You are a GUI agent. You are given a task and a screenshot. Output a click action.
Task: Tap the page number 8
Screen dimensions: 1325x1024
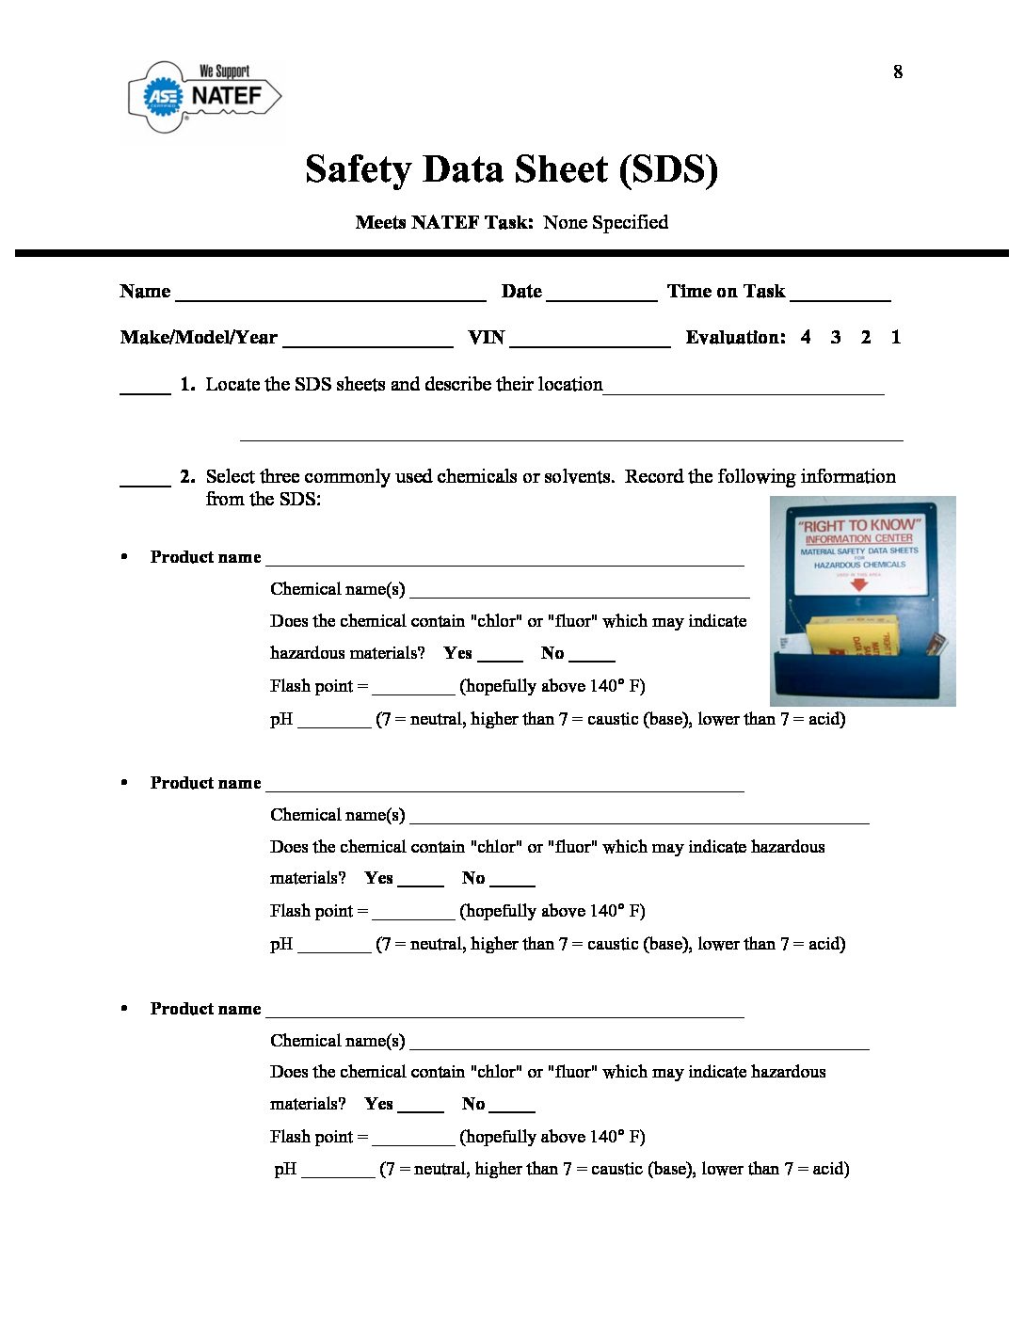[x=898, y=72]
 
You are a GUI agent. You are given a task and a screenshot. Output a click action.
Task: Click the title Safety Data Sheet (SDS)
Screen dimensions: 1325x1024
[x=511, y=169]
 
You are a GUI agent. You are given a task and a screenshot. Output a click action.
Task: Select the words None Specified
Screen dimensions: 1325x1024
[x=605, y=222]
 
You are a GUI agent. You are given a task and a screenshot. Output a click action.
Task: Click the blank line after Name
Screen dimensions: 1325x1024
[x=330, y=294]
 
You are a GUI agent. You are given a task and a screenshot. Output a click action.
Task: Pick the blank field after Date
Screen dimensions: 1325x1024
[x=601, y=294]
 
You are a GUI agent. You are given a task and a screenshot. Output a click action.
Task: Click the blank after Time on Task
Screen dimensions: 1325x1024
[x=840, y=294]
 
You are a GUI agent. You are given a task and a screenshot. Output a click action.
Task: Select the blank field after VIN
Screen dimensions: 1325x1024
[x=590, y=340]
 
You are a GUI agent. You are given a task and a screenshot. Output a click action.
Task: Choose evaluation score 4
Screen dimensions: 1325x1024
[x=806, y=337]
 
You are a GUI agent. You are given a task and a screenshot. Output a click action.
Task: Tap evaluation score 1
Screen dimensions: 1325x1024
[x=896, y=337]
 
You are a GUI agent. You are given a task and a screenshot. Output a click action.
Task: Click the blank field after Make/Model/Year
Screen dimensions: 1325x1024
[x=368, y=340]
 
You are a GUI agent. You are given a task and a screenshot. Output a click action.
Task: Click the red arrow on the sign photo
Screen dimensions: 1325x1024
[x=858, y=584]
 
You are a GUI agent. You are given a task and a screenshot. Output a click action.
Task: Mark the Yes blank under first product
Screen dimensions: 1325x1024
[x=500, y=655]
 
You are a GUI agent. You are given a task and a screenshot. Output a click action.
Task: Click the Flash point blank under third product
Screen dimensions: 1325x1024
[x=413, y=1139]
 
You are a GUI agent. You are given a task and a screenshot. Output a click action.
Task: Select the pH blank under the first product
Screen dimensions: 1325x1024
[x=334, y=722]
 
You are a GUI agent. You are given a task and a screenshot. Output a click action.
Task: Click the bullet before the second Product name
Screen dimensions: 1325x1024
[x=124, y=783]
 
